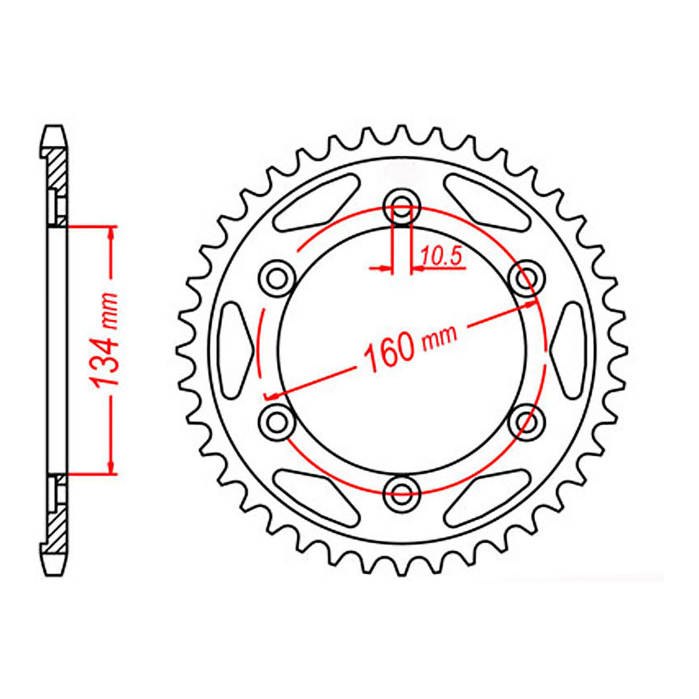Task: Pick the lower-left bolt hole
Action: [x=277, y=421]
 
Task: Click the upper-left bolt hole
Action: [x=277, y=278]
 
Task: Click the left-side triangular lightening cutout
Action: [x=234, y=350]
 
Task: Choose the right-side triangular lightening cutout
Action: [x=570, y=350]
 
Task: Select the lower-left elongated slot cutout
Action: [x=317, y=497]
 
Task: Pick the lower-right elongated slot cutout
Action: [x=487, y=497]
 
